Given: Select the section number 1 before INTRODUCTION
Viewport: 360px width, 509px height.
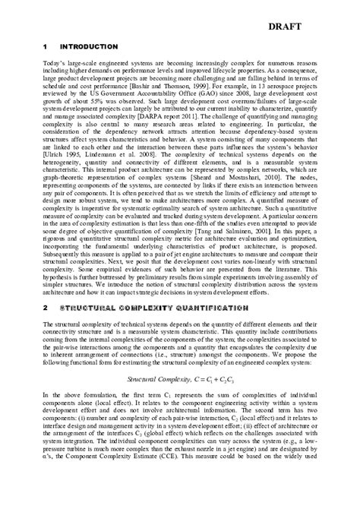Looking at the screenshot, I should coord(46,47).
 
